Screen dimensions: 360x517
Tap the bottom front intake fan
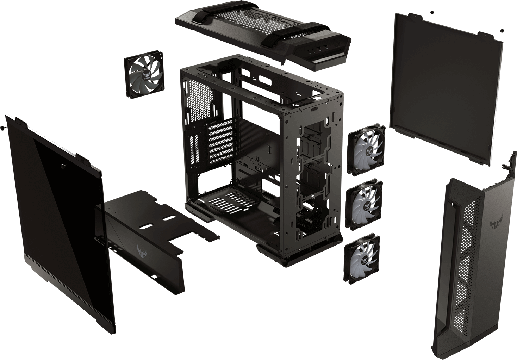point(362,258)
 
